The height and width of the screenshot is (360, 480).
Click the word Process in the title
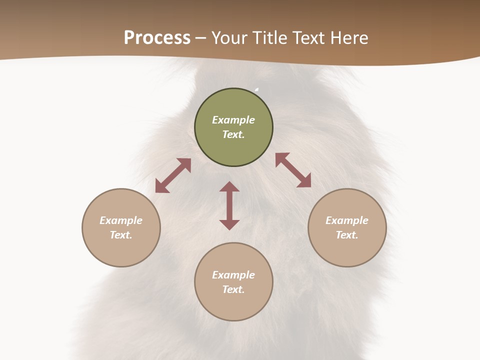(157, 38)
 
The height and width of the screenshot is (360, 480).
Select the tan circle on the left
(121, 250)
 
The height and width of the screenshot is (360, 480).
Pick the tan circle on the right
(347, 250)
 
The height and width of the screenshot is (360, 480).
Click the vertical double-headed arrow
(229, 205)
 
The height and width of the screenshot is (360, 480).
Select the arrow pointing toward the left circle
(173, 175)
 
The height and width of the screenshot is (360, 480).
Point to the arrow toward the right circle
(293, 170)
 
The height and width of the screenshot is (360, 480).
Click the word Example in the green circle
(233, 120)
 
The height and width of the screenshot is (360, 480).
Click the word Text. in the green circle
(233, 134)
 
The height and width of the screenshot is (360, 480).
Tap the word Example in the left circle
(121, 220)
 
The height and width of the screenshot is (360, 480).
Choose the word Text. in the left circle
(121, 235)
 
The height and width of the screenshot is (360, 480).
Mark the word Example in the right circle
(347, 220)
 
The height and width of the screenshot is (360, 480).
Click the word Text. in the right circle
(347, 235)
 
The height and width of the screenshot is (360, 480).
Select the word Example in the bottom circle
(233, 275)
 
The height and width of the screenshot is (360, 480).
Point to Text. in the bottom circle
(233, 289)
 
